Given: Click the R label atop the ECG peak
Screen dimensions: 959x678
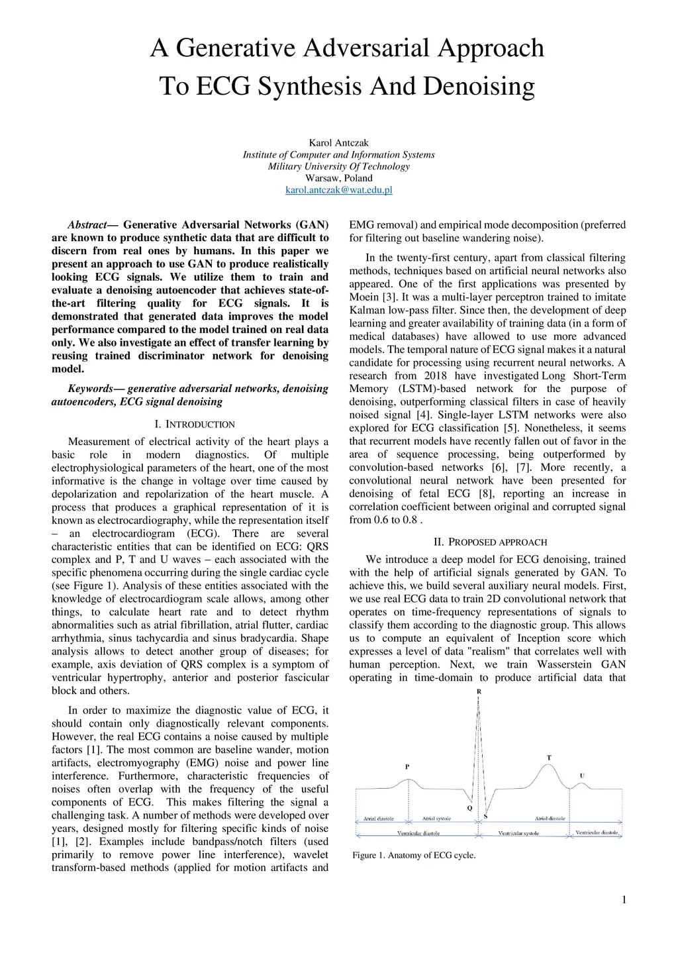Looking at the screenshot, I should pos(479,691).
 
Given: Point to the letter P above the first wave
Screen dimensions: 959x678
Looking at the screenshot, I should pos(407,766).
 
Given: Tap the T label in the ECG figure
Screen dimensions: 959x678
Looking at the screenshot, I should pos(549,758).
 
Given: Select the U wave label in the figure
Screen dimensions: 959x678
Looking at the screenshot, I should pos(582,776).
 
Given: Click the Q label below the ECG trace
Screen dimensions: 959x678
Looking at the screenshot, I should pos(469,808).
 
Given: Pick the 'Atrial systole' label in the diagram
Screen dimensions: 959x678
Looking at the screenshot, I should pos(437,819).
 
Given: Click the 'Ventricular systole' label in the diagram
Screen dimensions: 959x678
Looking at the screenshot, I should pos(518,833).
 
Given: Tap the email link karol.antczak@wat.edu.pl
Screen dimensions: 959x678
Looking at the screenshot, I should pos(338,190).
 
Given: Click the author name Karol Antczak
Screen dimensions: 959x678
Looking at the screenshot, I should pos(338,142).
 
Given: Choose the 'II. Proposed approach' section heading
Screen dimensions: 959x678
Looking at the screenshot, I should pos(490,542).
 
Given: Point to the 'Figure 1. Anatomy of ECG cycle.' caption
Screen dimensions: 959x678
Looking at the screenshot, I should pos(414,855).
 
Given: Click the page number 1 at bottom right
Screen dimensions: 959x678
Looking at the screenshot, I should pos(624,899).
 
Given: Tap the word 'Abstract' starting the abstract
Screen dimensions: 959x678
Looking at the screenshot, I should pos(87,225).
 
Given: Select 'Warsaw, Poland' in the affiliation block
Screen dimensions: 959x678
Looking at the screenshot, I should pos(338,178).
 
